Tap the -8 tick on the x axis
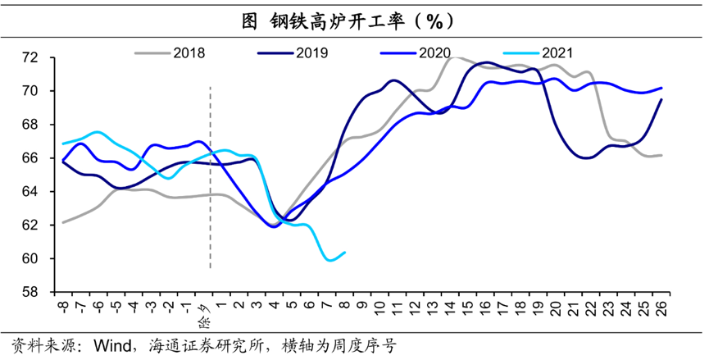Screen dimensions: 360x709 pos(62,308)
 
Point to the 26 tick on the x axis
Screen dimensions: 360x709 pos(661,309)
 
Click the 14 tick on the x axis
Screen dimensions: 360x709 pos(450,309)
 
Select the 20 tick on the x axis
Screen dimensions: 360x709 pos(556,309)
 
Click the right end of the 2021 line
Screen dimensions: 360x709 pos(344,253)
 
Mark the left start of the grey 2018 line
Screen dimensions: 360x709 pos(63,221)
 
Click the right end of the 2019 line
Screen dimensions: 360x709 pos(661,100)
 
